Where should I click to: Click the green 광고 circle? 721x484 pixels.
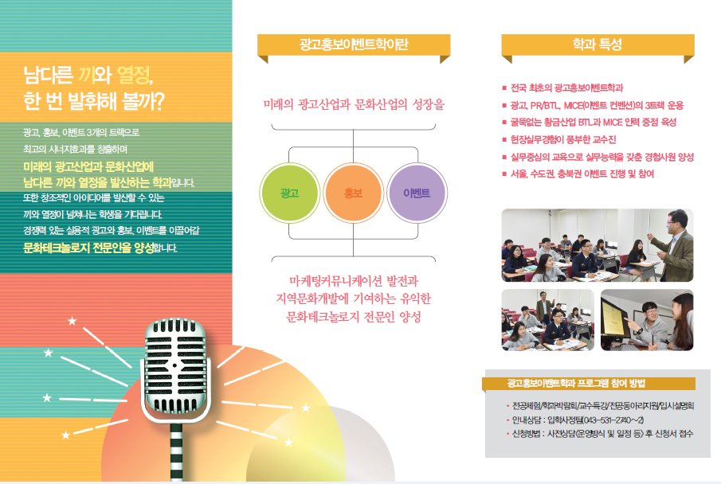pyautogui.click(x=290, y=193)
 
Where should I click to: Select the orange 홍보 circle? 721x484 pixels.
pyautogui.click(x=353, y=193)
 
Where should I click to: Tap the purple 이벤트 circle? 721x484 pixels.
pyautogui.click(x=417, y=193)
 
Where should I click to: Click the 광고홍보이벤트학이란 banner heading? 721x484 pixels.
pyautogui.click(x=354, y=44)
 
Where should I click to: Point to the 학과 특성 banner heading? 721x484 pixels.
pyautogui.click(x=598, y=44)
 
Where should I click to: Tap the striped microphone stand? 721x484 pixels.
pyautogui.click(x=177, y=452)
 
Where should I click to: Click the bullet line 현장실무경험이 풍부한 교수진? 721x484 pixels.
pyautogui.click(x=563, y=140)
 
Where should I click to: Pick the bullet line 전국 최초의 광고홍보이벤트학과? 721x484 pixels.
pyautogui.click(x=567, y=88)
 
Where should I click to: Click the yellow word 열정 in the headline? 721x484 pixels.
pyautogui.click(x=134, y=75)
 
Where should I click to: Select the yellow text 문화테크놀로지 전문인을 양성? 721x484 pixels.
pyautogui.click(x=88, y=248)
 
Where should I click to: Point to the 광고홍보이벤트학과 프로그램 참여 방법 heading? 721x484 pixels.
pyautogui.click(x=577, y=384)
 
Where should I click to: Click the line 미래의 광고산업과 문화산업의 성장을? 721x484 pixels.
pyautogui.click(x=354, y=104)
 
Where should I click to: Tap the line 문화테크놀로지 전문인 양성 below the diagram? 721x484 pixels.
pyautogui.click(x=354, y=316)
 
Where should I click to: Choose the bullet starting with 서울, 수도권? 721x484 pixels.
pyautogui.click(x=582, y=174)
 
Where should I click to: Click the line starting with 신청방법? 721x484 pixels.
pyautogui.click(x=602, y=433)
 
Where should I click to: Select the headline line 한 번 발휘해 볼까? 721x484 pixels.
pyautogui.click(x=94, y=102)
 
